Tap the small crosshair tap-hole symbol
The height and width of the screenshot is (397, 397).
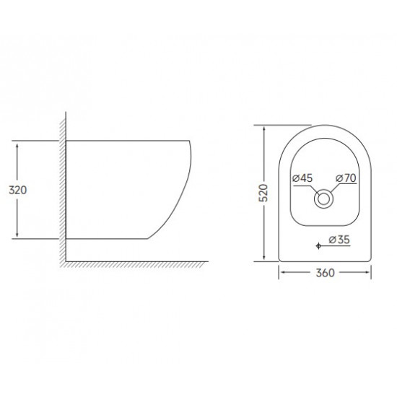[x=319, y=247]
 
